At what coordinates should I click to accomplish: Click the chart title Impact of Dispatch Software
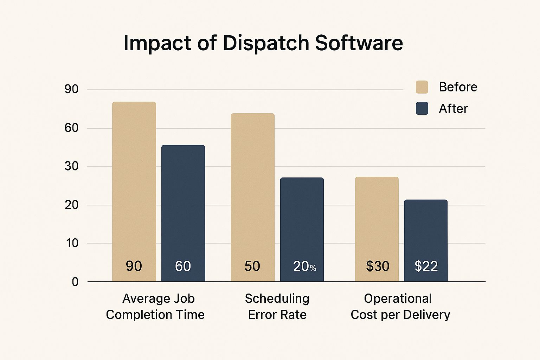coord(263,43)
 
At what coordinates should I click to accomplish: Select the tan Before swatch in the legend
coord(422,87)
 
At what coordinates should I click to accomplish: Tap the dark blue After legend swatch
coord(422,108)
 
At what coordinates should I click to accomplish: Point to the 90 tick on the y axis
coord(71,89)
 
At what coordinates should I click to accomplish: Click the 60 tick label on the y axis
coord(71,128)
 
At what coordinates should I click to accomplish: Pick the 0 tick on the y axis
coord(75,282)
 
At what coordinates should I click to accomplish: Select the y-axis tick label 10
coord(72,243)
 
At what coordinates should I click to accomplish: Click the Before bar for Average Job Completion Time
coord(134,183)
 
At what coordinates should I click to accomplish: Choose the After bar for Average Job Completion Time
coord(183,204)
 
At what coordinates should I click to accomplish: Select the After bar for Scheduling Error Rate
coord(302,221)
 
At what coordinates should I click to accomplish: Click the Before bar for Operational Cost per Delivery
coord(377,221)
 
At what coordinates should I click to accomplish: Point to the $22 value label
coord(426,266)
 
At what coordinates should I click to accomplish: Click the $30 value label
coord(377,266)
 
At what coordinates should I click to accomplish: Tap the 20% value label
coord(304,266)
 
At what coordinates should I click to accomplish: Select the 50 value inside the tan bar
coord(252,266)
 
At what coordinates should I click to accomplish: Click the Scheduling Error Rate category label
coord(277,307)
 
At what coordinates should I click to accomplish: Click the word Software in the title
coord(359,43)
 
